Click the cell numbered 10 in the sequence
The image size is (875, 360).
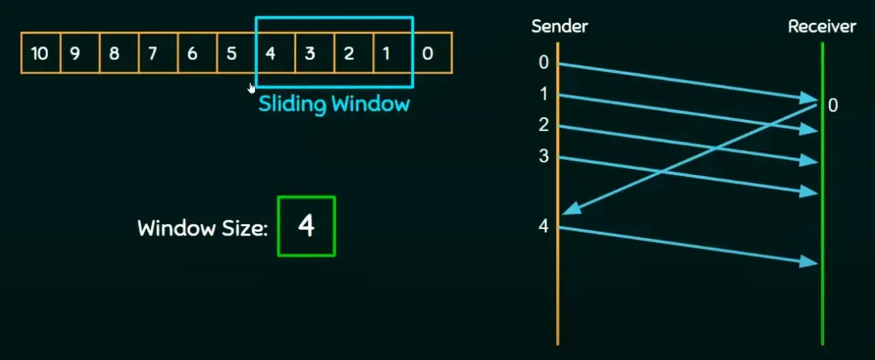[x=40, y=53]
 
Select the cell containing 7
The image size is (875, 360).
[x=153, y=53]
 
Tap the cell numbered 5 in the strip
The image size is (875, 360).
[x=231, y=53]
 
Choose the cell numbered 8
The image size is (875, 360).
[x=114, y=53]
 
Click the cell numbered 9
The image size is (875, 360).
[x=75, y=53]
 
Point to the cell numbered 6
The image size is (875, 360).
[x=192, y=53]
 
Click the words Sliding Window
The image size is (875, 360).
[x=333, y=104]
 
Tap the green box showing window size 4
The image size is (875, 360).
[x=306, y=226]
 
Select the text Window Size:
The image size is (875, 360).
[x=202, y=227]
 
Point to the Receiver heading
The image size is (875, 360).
[x=822, y=27]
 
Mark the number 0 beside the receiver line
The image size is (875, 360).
[x=833, y=106]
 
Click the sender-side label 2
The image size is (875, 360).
[x=543, y=126]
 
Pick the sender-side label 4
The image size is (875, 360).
[x=543, y=227]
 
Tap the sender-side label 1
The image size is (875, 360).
[x=543, y=95]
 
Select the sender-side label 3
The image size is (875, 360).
[x=543, y=157]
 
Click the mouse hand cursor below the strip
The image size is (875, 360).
[x=252, y=88]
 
